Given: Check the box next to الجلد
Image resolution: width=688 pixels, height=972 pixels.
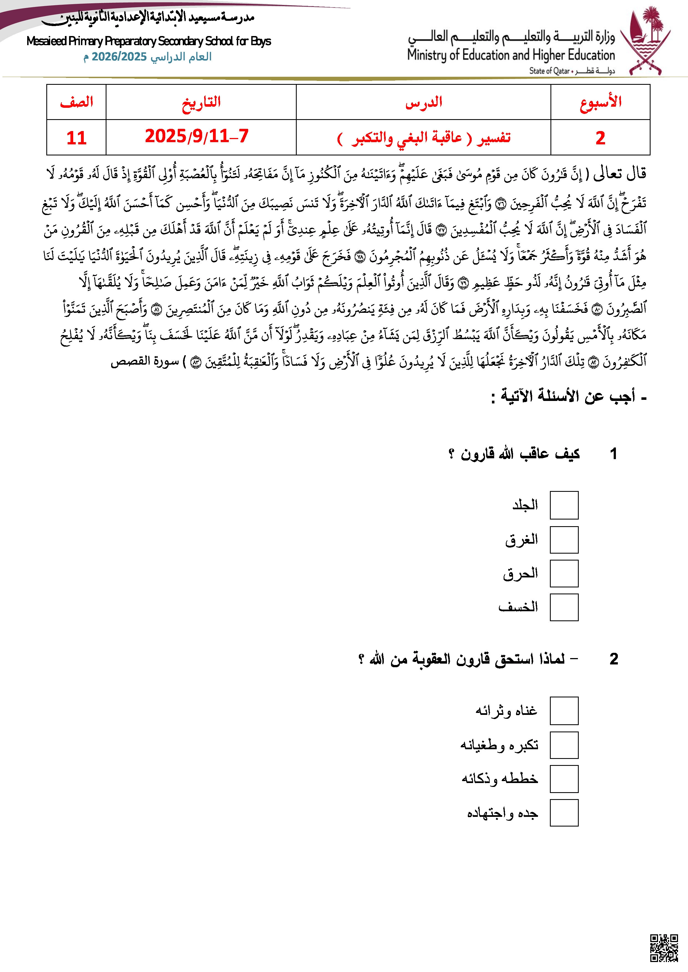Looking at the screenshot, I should (x=564, y=505).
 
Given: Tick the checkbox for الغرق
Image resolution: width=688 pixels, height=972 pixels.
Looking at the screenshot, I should (x=564, y=540).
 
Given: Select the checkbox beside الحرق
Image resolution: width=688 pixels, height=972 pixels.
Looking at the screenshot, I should (x=564, y=574).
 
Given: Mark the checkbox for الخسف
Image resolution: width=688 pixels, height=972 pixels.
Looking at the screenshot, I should (x=564, y=607).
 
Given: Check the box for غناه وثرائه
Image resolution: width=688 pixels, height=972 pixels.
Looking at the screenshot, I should (x=564, y=711).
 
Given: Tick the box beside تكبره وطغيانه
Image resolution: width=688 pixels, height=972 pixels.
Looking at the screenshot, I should (x=564, y=745).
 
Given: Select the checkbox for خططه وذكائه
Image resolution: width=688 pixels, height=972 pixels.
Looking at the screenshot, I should (x=564, y=779).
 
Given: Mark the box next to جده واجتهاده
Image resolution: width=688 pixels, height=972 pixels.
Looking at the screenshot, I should (x=564, y=813).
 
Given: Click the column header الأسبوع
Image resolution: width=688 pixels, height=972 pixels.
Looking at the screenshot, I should (x=600, y=102).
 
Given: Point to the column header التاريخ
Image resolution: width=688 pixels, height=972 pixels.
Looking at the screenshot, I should (x=201, y=102).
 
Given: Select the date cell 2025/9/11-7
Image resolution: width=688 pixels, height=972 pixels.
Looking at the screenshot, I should (x=197, y=137).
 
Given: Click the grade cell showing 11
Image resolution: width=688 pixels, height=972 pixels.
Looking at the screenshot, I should (x=76, y=138).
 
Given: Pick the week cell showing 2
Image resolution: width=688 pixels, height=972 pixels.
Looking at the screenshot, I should (x=600, y=138).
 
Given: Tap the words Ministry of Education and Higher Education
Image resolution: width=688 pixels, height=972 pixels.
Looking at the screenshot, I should (x=511, y=55).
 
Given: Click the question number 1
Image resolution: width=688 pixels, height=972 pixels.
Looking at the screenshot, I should (x=613, y=454).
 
